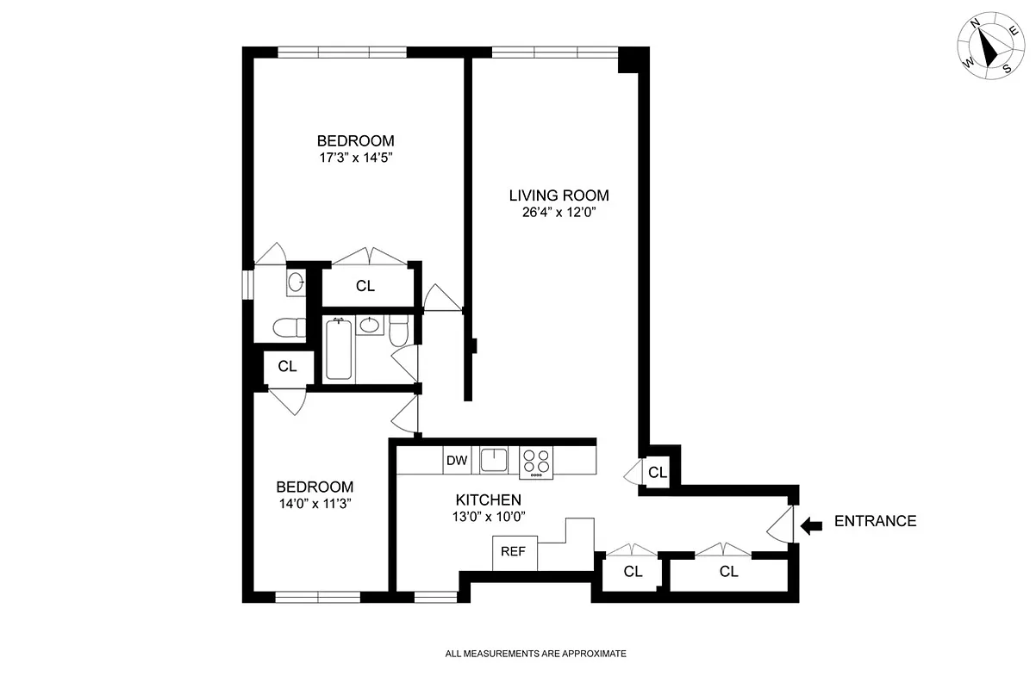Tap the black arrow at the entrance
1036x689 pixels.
(x=810, y=525)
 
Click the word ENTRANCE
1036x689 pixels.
(x=875, y=521)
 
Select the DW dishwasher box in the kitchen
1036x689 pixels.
(x=457, y=461)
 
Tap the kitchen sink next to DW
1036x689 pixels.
(x=495, y=460)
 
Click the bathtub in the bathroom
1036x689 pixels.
(x=339, y=349)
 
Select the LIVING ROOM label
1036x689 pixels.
(x=552, y=196)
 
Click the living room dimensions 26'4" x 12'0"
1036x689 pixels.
(x=552, y=213)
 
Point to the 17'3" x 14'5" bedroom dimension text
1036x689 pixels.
(x=356, y=158)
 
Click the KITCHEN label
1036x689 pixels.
(x=488, y=500)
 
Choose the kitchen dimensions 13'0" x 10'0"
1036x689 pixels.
(x=488, y=517)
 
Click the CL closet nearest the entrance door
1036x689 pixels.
(x=728, y=572)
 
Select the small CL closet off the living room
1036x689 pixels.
(x=657, y=472)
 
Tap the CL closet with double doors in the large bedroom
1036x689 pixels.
(x=365, y=286)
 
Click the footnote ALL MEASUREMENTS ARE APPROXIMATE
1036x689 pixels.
(x=535, y=654)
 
